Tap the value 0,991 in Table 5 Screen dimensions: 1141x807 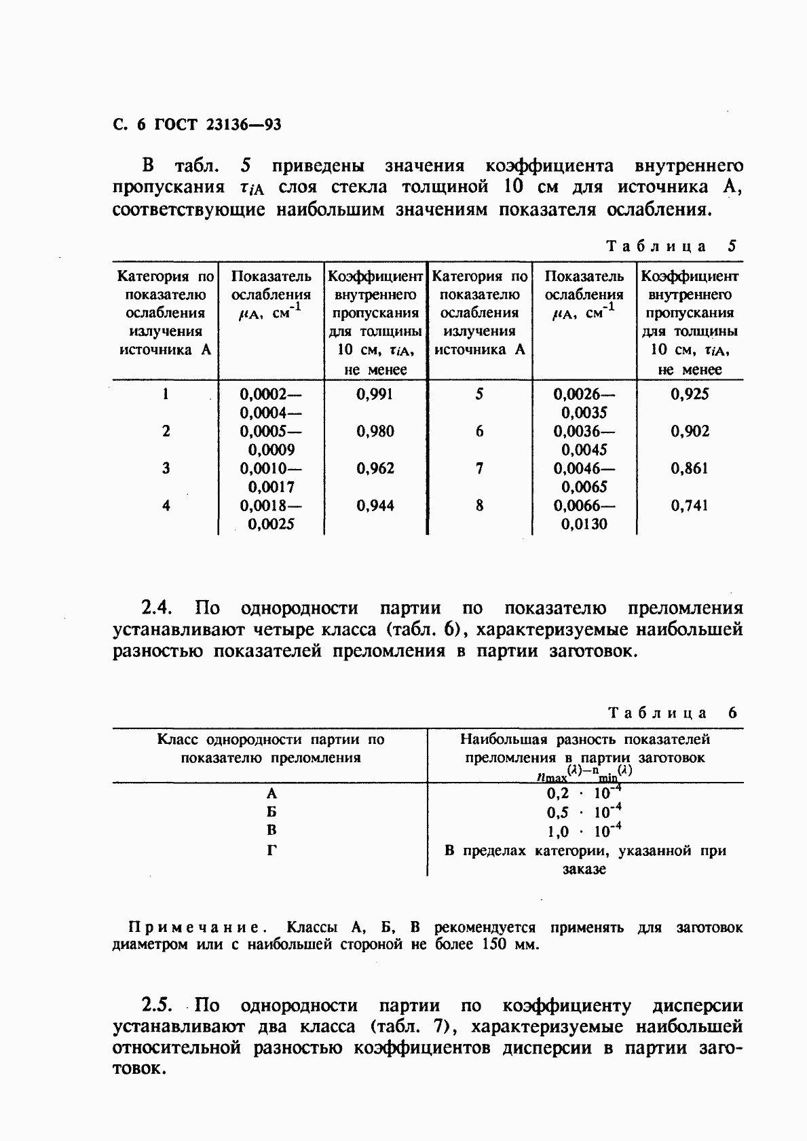375,394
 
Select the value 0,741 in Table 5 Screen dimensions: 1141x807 690,506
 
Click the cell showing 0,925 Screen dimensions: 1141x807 690,394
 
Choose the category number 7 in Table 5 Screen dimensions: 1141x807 479,468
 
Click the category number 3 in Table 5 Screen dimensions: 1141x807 166,468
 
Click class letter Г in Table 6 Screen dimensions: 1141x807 271,850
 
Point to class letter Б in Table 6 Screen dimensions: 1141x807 271,812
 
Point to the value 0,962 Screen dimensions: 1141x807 375,468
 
